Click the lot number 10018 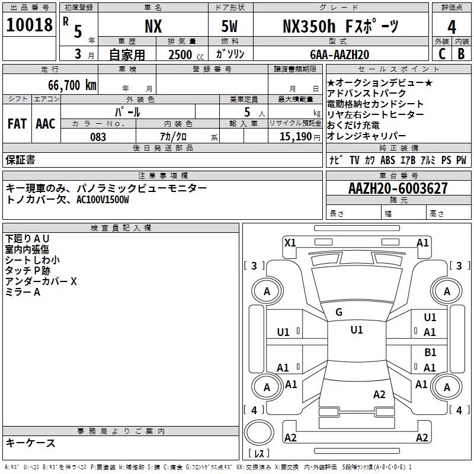[x=30, y=25]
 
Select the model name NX [x=153, y=26]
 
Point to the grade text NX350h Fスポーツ [x=340, y=26]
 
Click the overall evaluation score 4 [x=452, y=27]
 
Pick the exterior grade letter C [x=441, y=53]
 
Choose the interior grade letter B [x=462, y=53]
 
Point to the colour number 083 [x=98, y=137]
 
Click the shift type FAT [x=17, y=124]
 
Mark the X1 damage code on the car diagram [x=290, y=242]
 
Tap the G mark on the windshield [x=339, y=312]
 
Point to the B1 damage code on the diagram [x=430, y=353]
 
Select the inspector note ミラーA [x=23, y=292]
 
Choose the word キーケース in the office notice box [x=31, y=443]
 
